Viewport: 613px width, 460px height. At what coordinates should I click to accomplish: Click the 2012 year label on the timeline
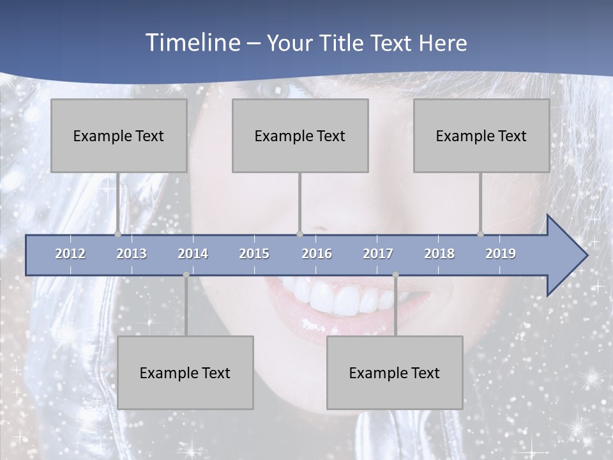[x=70, y=254]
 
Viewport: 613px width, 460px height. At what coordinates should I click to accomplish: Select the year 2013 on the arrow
[x=132, y=254]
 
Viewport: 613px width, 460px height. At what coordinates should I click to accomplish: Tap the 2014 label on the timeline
[x=193, y=254]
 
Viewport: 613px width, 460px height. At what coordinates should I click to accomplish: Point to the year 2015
[x=254, y=254]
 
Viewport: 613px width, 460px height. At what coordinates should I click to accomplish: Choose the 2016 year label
[x=317, y=254]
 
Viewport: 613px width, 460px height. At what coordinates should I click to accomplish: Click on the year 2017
[x=378, y=254]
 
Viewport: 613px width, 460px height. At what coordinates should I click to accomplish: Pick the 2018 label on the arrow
[x=439, y=254]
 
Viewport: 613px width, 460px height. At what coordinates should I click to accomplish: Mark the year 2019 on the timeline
[x=501, y=254]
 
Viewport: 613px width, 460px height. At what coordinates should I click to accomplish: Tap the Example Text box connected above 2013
[x=119, y=135]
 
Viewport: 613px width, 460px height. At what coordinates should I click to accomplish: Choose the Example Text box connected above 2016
[x=300, y=135]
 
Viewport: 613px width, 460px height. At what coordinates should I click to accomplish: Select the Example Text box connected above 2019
[x=481, y=135]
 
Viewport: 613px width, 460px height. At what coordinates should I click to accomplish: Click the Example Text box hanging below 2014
[x=185, y=372]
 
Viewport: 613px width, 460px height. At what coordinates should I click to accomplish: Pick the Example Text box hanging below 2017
[x=395, y=372]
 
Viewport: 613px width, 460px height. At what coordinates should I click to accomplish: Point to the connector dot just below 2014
[x=186, y=275]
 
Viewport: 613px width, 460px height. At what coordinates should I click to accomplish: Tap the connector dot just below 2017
[x=395, y=275]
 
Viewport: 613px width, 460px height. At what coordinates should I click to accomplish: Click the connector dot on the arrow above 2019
[x=480, y=234]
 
